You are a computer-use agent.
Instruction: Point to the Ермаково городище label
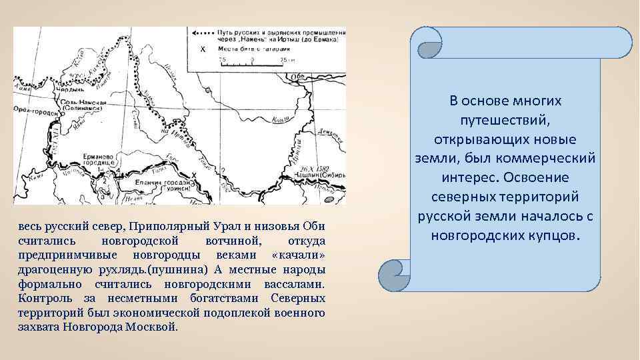click(99, 157)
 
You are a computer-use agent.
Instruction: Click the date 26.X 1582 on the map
click(315, 169)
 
